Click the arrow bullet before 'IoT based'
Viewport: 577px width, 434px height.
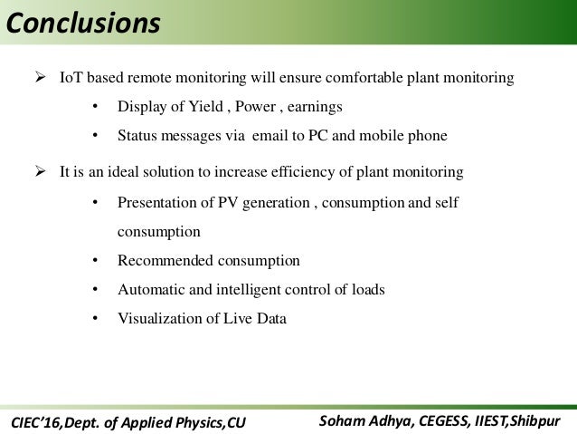pyautogui.click(x=41, y=79)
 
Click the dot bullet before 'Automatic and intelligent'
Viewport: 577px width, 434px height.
pyautogui.click(x=95, y=290)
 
